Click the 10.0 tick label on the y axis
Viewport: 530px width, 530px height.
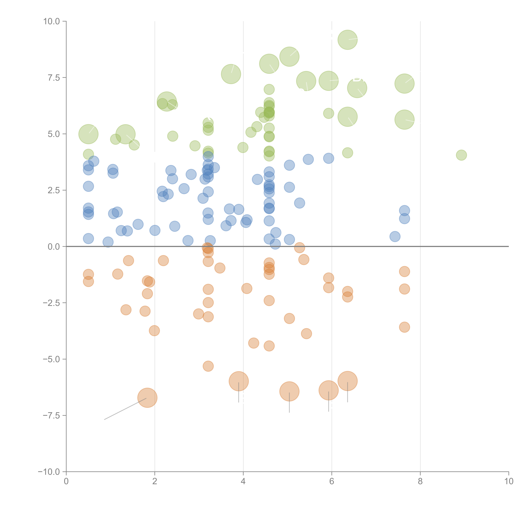tap(52, 21)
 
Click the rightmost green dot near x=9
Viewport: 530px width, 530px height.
tap(461, 155)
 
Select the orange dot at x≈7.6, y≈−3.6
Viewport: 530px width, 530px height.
tap(404, 327)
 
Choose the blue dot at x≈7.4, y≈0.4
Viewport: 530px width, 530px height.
tap(395, 236)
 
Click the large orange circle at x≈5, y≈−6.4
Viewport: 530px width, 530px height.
tap(289, 391)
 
